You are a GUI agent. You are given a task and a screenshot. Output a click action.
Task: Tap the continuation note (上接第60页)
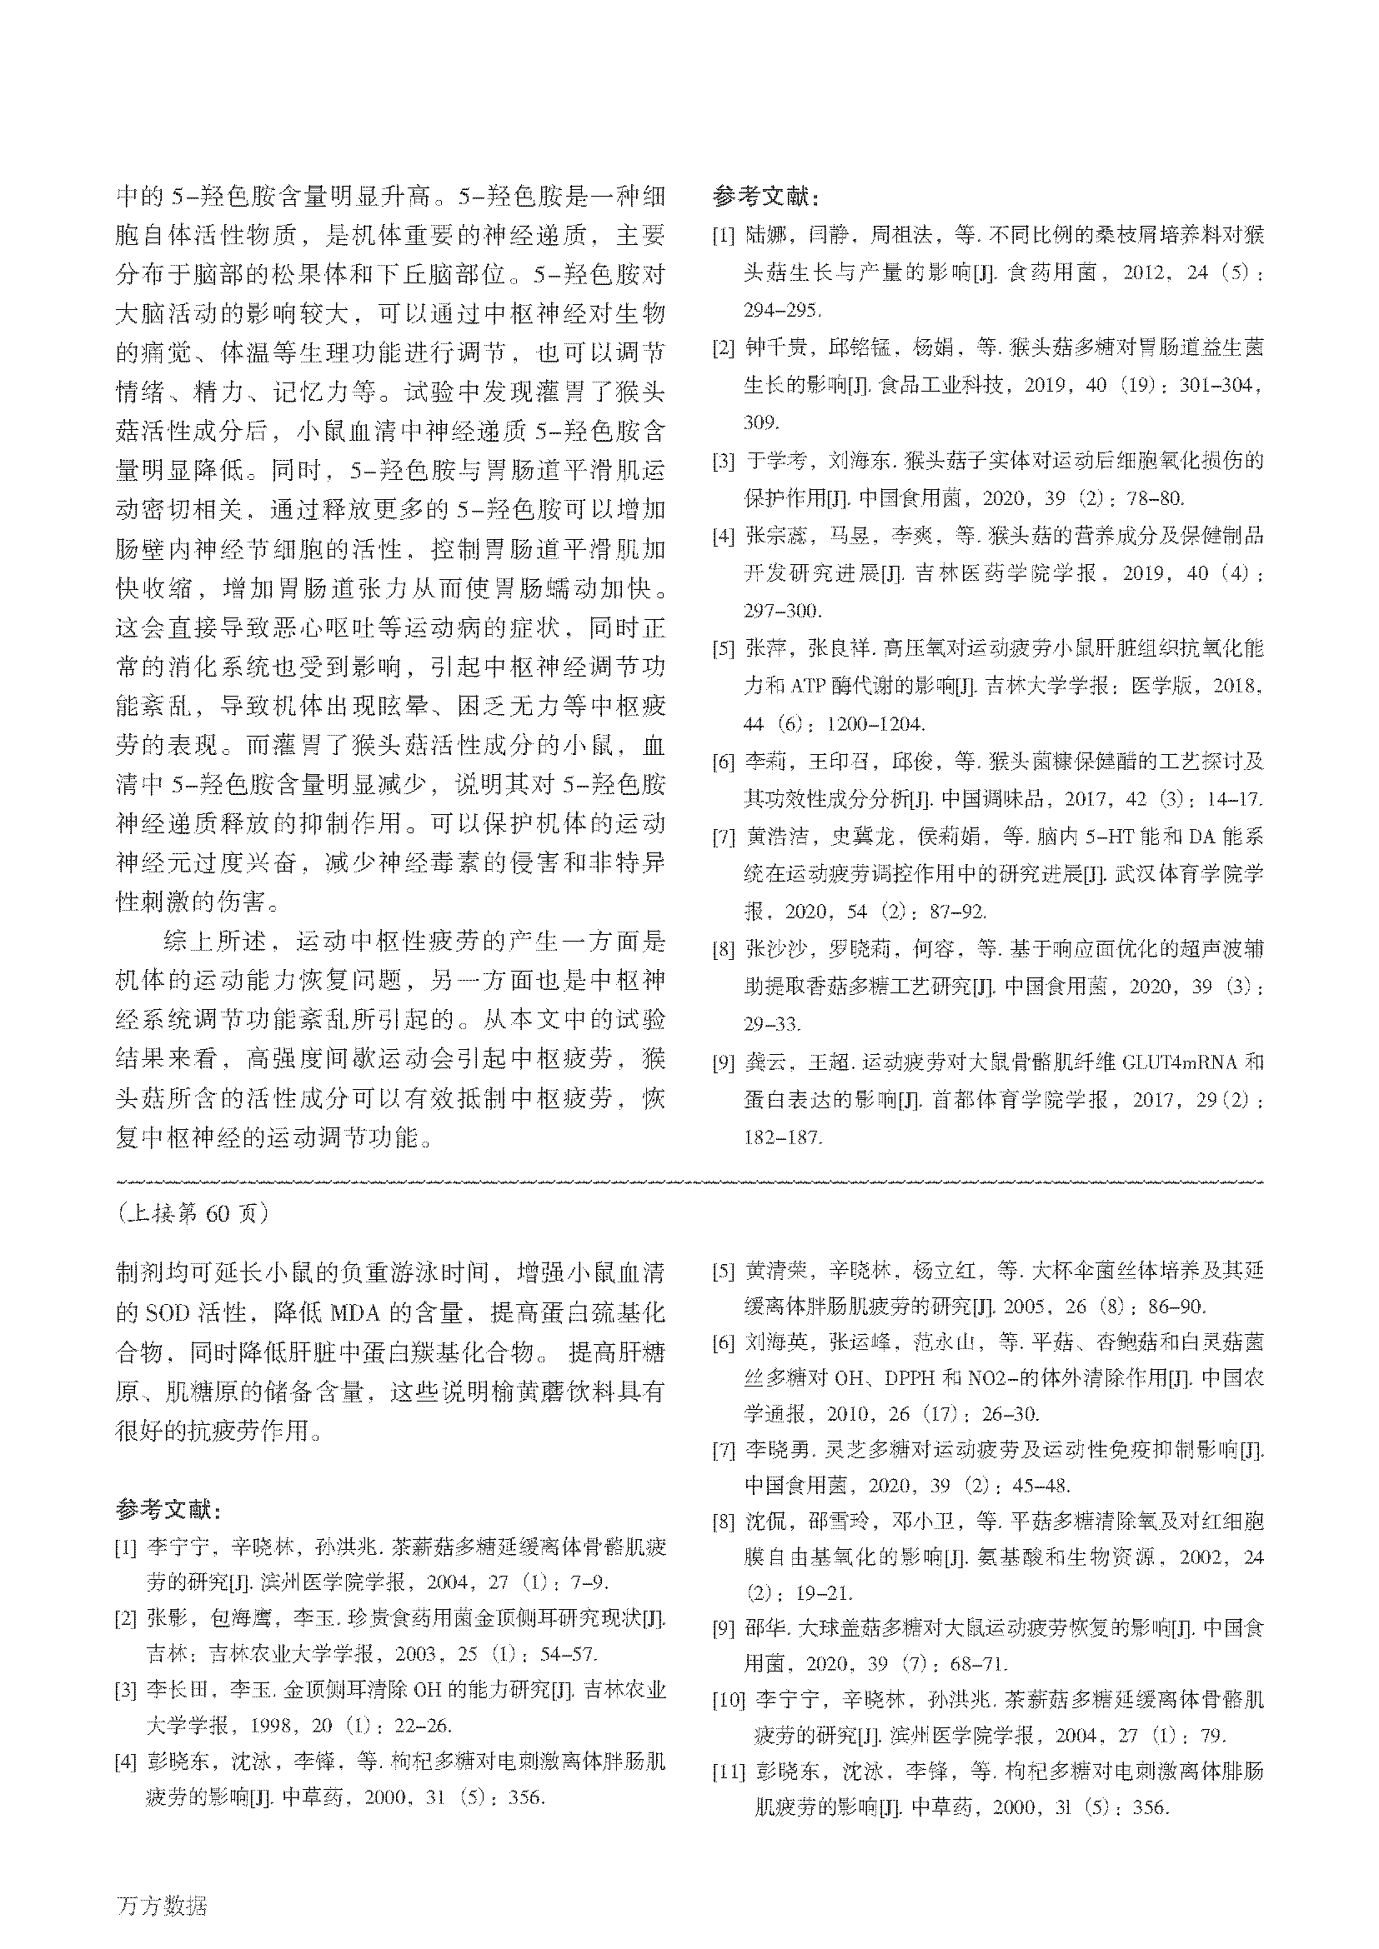point(193,1213)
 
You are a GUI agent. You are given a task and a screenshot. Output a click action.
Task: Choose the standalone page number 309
point(760,422)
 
